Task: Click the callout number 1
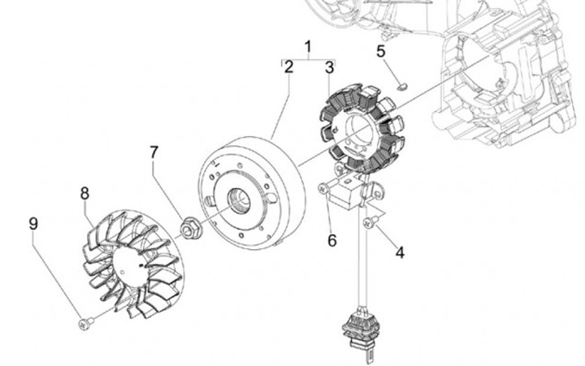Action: click(x=308, y=46)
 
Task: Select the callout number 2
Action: click(x=288, y=67)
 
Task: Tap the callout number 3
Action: click(x=329, y=67)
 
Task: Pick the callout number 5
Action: click(x=380, y=52)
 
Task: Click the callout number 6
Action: click(x=331, y=240)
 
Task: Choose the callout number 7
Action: click(x=153, y=152)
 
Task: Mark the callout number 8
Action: click(x=84, y=193)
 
